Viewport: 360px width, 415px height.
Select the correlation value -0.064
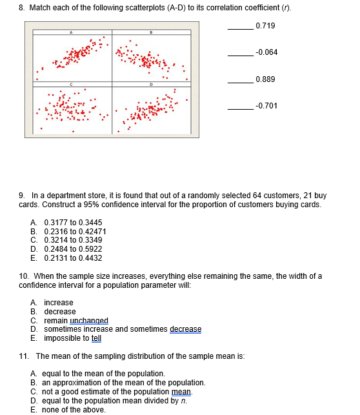[266, 52]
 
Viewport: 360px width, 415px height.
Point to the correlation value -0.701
[266, 106]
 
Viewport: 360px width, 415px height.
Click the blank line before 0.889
[240, 82]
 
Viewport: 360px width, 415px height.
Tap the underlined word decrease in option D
[185, 329]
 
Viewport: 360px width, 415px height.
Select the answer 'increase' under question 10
[58, 303]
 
